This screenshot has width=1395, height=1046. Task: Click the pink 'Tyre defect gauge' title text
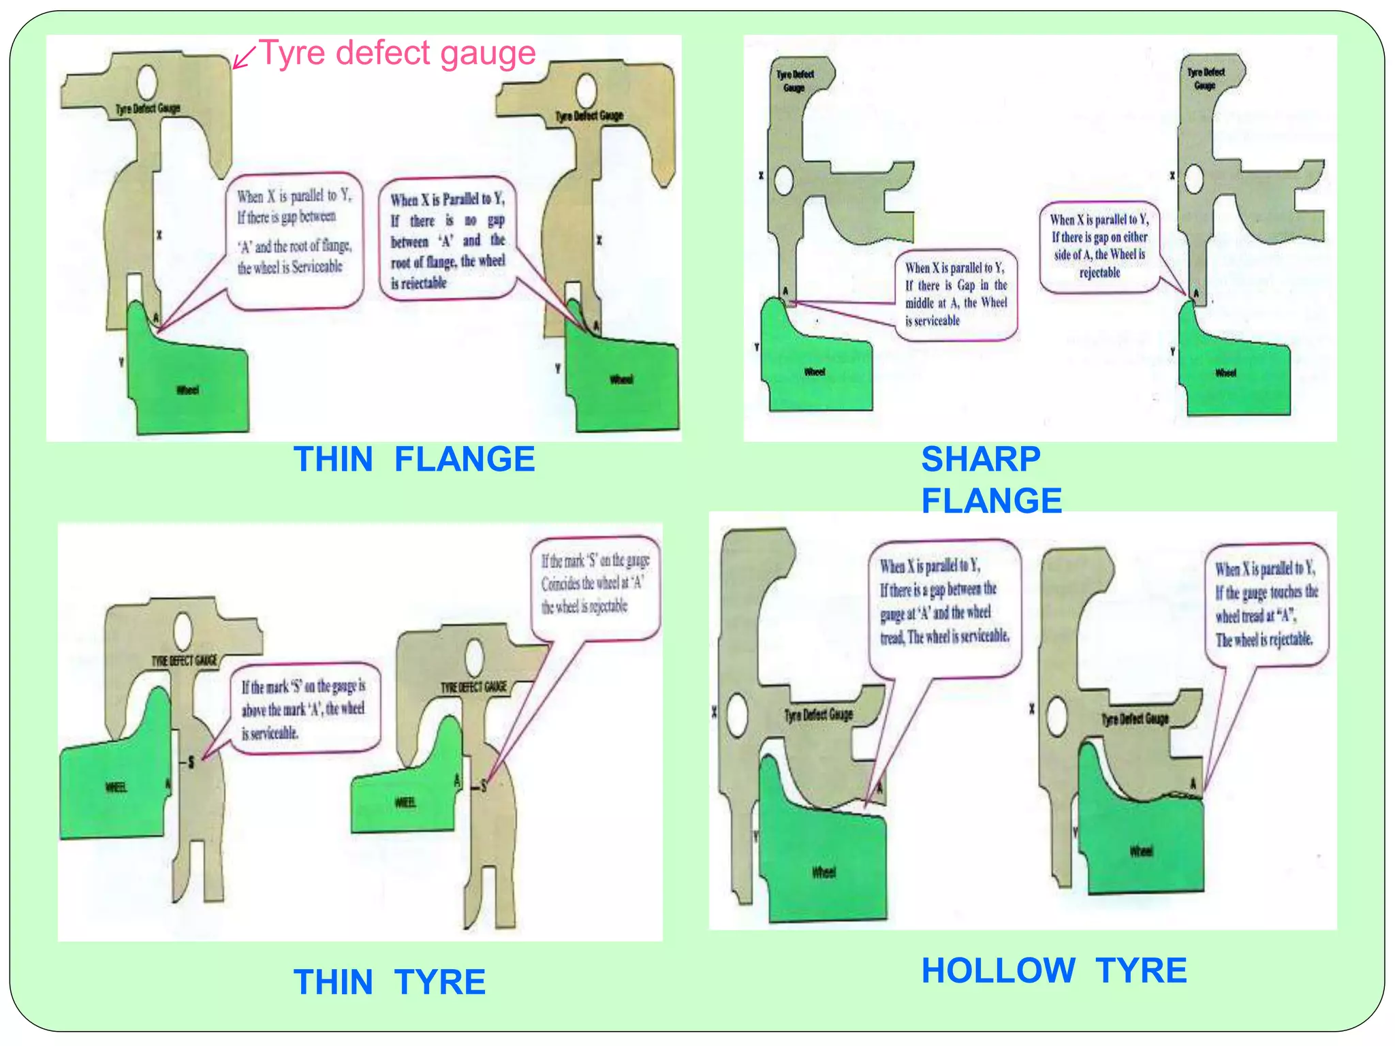pos(398,53)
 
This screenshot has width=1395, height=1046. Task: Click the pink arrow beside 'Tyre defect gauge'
pos(243,57)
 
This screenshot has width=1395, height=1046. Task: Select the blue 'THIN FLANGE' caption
pos(413,459)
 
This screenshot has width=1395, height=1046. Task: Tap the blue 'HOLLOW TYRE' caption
pos(1053,970)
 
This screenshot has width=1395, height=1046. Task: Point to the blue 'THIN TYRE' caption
pos(389,982)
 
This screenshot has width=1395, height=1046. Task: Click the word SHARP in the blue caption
pos(980,459)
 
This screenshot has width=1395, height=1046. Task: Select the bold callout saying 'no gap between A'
pos(448,240)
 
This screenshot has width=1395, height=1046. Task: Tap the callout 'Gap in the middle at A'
pos(955,294)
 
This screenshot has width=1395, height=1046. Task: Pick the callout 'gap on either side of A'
pos(1099,246)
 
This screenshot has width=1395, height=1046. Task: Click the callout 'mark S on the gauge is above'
pos(304,709)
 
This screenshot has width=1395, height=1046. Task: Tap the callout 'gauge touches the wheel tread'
pos(1266,603)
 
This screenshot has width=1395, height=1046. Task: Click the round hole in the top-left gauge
pos(146,81)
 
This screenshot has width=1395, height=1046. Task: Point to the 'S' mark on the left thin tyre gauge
pos(191,762)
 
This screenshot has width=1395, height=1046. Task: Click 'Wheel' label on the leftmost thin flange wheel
pos(187,390)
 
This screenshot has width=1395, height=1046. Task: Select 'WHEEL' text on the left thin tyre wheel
pos(115,787)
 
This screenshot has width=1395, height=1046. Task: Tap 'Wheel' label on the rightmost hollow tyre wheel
pos(1141,851)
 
